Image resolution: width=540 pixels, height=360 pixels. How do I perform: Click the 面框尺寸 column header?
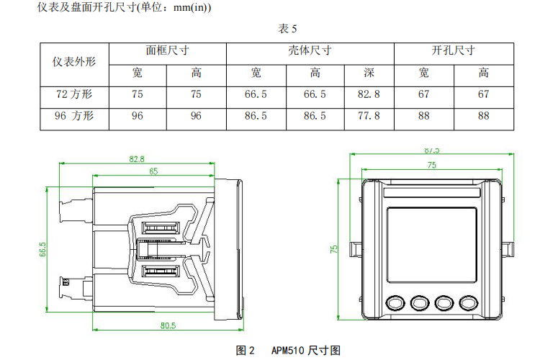coord(167,52)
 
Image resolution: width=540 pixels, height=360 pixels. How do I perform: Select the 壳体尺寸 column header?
coord(310,52)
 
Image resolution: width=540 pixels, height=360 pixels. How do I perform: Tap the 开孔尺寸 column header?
coord(453,52)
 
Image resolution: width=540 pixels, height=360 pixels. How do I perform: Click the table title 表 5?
coord(287,28)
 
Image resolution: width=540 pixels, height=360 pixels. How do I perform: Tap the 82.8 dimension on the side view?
coord(137,159)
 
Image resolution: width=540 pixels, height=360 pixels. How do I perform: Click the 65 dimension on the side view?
coord(153,171)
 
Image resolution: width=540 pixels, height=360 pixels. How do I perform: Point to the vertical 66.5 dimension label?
coord(43,249)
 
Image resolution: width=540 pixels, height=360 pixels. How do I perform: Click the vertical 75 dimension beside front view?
coord(334,248)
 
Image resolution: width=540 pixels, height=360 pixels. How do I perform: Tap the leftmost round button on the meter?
coord(394,302)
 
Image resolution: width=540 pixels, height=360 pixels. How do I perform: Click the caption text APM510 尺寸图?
coord(305,351)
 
